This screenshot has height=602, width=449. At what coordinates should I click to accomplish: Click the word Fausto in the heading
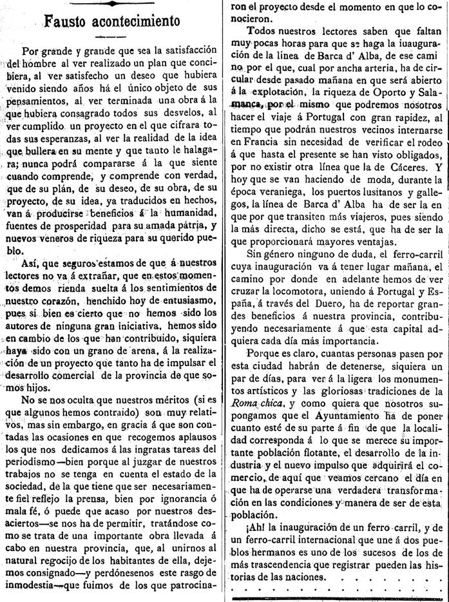(x=70, y=21)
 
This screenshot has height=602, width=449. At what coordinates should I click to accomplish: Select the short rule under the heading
(x=109, y=36)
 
